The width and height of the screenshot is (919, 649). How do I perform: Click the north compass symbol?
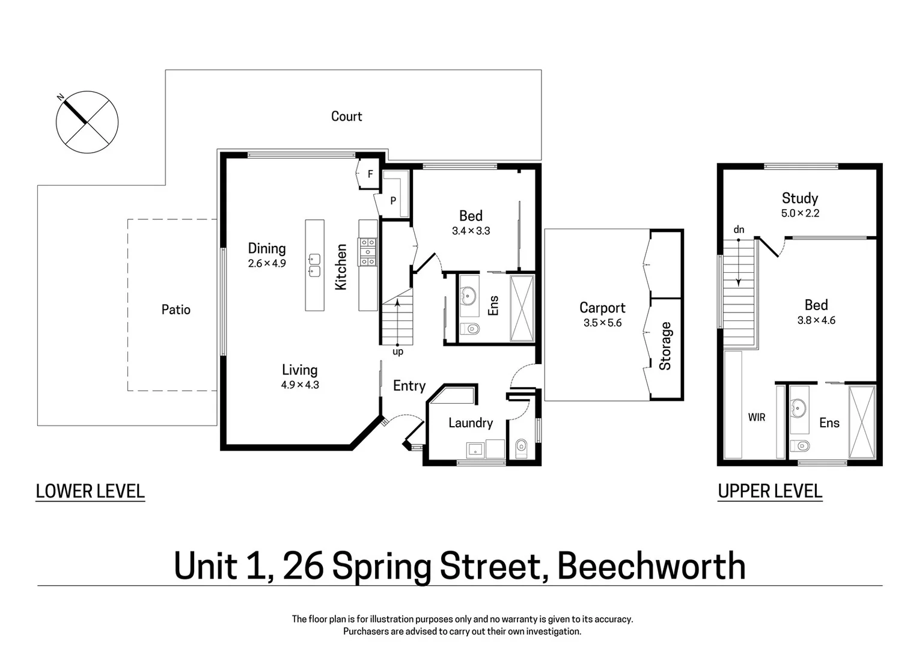click(87, 122)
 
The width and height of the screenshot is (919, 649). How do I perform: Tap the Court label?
click(346, 116)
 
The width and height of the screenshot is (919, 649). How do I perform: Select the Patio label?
click(176, 309)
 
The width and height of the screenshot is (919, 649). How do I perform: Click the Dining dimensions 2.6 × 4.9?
click(267, 263)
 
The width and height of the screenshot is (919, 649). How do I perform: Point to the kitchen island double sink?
click(314, 265)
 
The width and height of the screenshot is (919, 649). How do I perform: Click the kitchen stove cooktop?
click(368, 252)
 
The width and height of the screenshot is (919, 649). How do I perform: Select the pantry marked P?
click(393, 200)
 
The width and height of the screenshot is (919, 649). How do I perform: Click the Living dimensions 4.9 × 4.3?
click(299, 385)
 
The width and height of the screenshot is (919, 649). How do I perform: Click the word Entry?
click(409, 386)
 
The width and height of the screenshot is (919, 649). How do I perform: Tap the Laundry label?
click(470, 423)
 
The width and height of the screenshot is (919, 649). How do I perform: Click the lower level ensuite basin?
click(468, 295)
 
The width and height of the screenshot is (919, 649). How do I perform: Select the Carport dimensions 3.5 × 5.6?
click(602, 323)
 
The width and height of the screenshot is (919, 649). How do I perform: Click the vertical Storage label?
click(665, 346)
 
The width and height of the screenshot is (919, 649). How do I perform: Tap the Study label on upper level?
click(799, 198)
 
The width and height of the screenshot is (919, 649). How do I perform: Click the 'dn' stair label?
click(739, 230)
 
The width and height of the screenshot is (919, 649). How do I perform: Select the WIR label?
click(756, 417)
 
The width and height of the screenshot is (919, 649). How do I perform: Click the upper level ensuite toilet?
click(801, 445)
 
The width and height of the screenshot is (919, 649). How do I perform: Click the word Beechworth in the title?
click(651, 566)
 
